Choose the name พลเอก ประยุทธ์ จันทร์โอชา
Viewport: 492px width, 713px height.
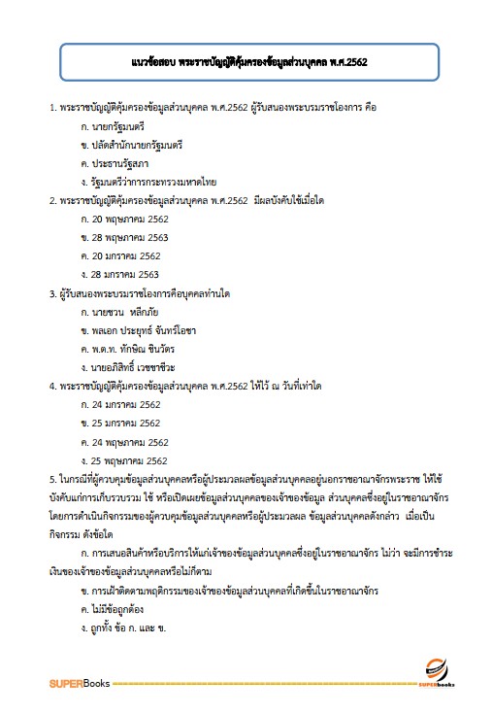tap(145, 330)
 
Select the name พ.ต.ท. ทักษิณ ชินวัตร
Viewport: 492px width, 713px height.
tap(136, 349)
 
